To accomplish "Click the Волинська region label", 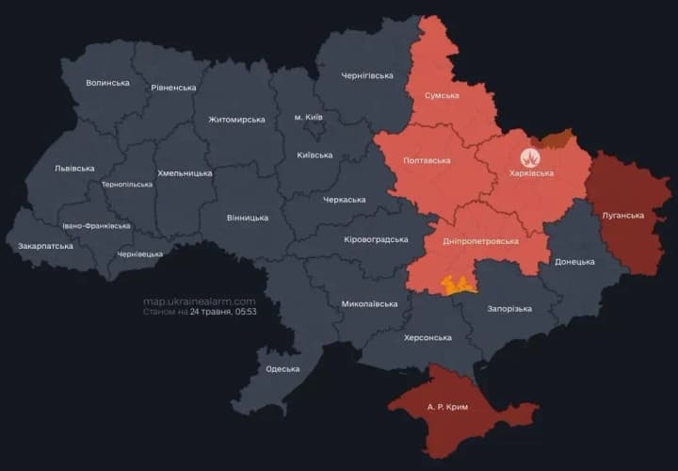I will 107,83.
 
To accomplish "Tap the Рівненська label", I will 173,88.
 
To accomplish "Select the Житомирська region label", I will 236,120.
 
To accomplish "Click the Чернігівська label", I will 367,75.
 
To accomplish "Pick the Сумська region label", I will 442,96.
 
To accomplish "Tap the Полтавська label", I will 426,161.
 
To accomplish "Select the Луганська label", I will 623,216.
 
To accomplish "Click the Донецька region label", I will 574,262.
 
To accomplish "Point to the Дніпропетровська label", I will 481,241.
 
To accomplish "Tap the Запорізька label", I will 509,309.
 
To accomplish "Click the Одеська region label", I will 282,369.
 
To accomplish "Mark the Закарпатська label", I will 45,247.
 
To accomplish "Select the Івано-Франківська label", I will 96,227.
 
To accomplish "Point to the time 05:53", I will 245,312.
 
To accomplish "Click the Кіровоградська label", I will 376,239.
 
